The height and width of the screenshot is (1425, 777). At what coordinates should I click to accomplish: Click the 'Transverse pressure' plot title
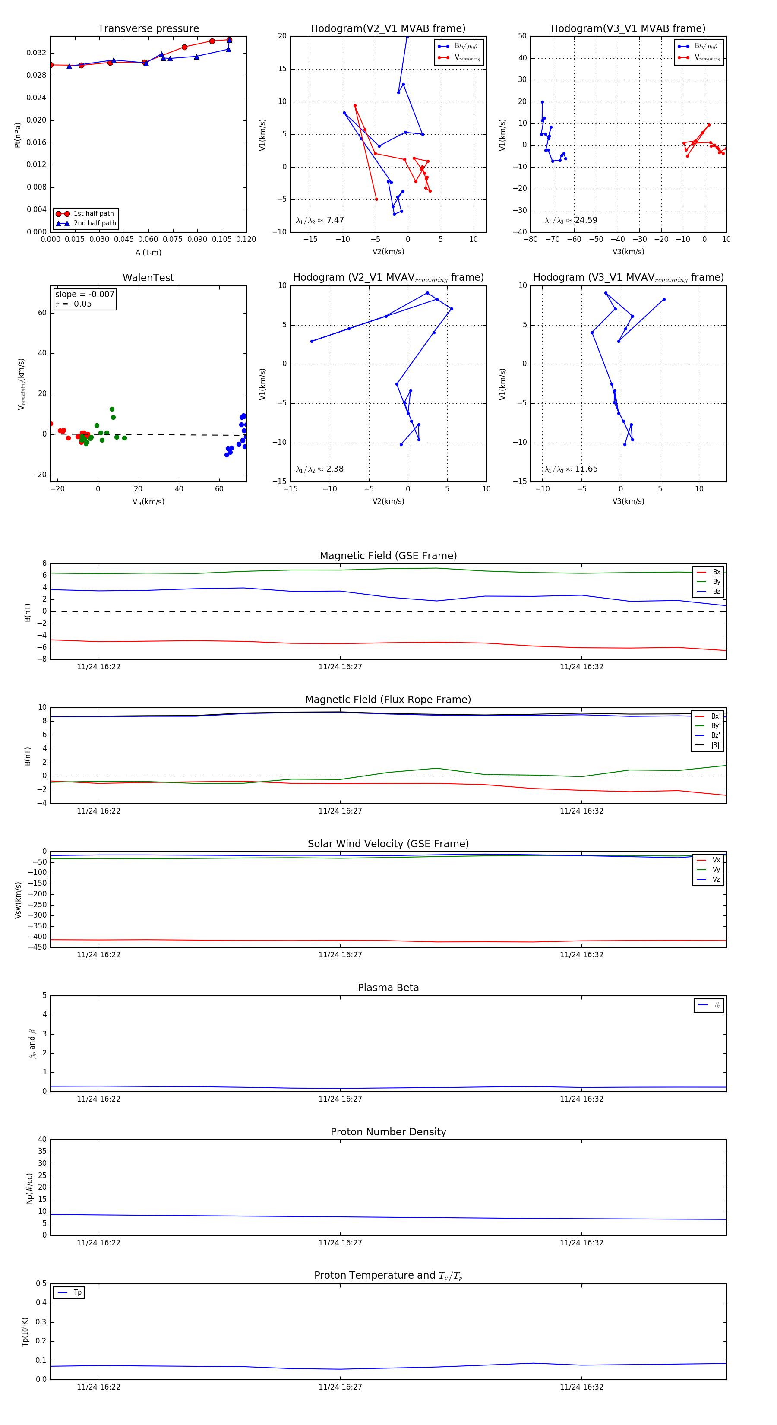coord(148,29)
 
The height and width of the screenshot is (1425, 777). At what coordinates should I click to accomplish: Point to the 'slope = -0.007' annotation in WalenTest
coord(85,294)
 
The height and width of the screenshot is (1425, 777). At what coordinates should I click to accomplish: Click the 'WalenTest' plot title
coord(148,278)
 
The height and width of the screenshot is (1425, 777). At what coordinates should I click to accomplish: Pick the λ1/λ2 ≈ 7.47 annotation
coord(319,220)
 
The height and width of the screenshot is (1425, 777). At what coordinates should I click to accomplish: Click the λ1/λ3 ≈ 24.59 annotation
coord(571,220)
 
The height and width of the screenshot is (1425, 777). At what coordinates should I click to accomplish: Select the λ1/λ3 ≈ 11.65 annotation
coord(571,469)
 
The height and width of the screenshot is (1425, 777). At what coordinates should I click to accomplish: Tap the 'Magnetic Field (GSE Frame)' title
coord(388,556)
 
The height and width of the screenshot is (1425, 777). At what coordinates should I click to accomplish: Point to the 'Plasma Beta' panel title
coord(388,988)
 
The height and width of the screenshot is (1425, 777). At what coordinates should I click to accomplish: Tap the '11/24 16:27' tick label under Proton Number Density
coord(340,1242)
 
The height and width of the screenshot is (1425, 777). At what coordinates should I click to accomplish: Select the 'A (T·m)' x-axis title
coord(148,252)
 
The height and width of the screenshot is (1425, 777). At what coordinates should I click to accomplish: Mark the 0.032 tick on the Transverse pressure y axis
coord(37,53)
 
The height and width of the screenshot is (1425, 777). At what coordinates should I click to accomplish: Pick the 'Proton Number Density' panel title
coord(388,1132)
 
